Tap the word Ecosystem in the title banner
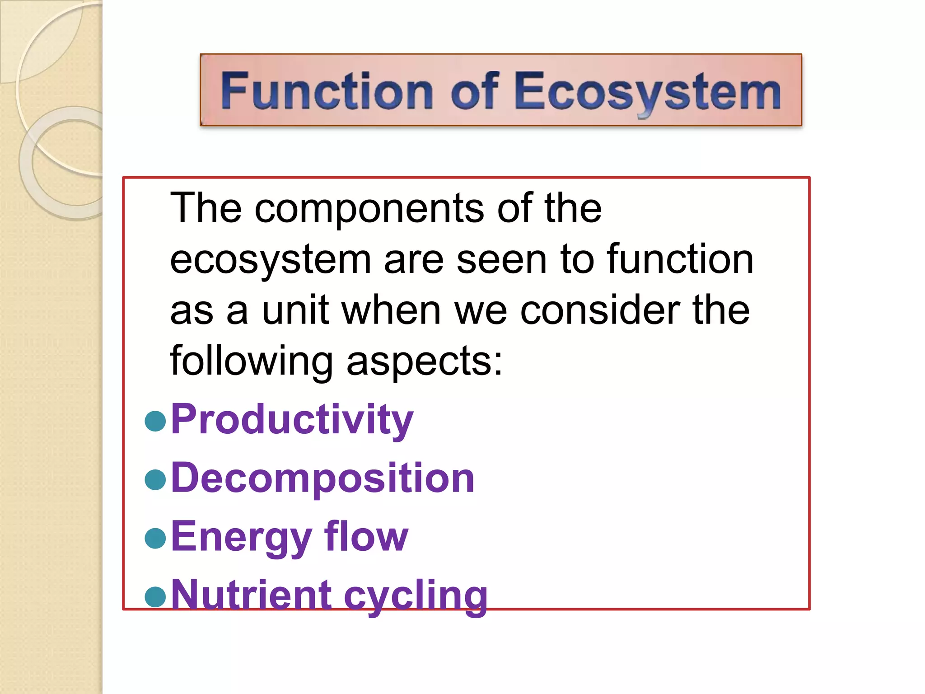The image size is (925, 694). pos(648,91)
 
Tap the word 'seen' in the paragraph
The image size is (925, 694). pos(502,260)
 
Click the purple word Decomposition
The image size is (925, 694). pos(322,478)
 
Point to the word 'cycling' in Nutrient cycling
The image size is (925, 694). pos(416,596)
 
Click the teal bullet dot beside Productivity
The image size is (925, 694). pos(156,421)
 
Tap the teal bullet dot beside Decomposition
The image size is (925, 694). pos(156,479)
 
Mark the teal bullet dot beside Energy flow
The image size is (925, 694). pos(156,538)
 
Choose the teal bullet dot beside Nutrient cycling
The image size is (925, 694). pos(156,596)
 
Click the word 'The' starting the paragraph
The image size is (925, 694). pos(206,209)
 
